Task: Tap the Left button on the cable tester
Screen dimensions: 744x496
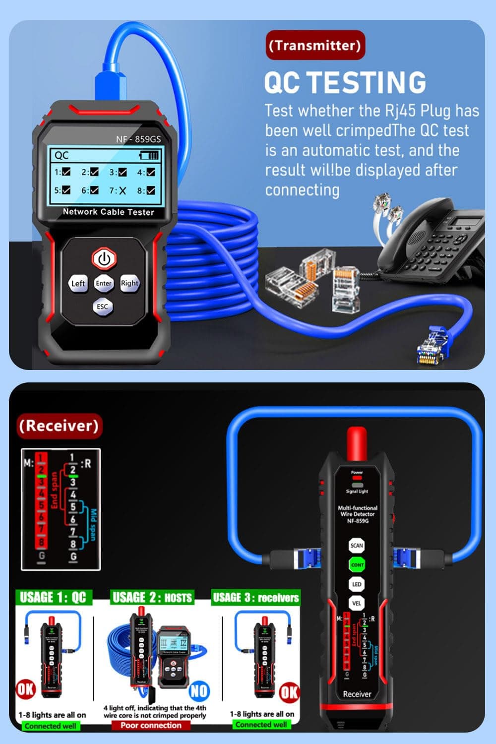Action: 78,283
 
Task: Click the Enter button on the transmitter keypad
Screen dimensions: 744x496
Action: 104,283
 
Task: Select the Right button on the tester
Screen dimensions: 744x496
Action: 129,283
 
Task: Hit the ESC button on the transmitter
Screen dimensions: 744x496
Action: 102,307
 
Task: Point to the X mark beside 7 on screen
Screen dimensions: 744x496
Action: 122,191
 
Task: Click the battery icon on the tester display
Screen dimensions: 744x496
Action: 149,155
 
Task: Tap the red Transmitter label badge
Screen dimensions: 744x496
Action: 315,45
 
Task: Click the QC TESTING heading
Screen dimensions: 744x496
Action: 345,82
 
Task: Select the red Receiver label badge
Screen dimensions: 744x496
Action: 59,426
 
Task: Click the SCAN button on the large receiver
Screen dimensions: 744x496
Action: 357,546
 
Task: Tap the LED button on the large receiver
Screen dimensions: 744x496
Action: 357,584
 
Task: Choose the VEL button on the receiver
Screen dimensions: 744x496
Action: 357,604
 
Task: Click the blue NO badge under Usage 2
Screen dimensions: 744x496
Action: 199,690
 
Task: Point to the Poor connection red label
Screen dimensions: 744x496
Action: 151,725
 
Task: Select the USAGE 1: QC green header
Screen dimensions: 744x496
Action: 53,597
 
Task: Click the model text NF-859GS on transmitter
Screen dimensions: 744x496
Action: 138,139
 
